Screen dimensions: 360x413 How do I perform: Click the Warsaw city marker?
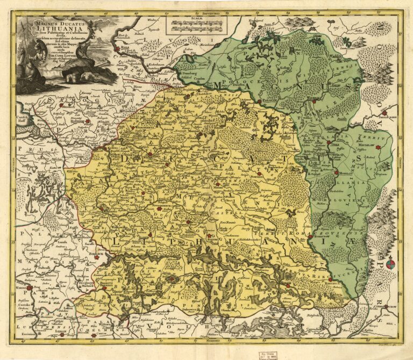click(30, 288)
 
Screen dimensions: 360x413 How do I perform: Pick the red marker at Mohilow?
click(336, 173)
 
